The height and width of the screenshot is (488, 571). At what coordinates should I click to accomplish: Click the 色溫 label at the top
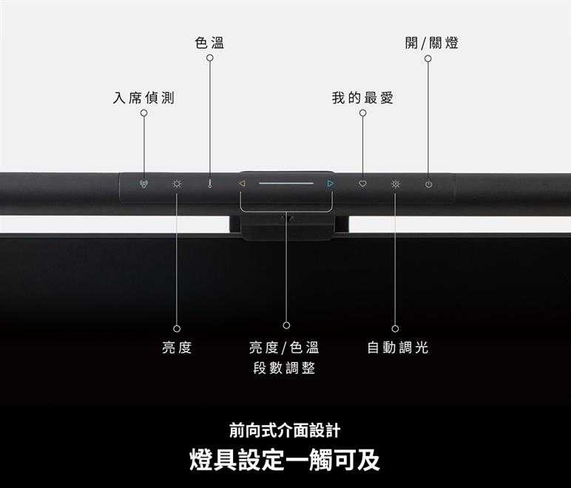click(x=209, y=43)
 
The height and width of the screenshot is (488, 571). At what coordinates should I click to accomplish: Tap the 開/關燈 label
click(x=431, y=43)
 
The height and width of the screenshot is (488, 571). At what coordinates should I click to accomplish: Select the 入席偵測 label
click(x=143, y=98)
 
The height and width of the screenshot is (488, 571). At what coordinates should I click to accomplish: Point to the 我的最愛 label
click(x=362, y=98)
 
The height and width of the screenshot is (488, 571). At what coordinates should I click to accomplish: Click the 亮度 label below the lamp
click(x=177, y=347)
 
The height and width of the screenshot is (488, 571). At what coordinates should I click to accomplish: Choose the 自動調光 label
click(x=398, y=347)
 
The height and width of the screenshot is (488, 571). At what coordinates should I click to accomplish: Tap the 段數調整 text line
click(x=284, y=368)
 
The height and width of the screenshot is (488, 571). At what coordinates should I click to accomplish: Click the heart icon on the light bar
click(x=362, y=184)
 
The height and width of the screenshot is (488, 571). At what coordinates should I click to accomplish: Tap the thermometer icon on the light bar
click(x=210, y=184)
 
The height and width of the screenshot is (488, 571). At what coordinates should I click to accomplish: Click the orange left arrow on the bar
click(x=242, y=184)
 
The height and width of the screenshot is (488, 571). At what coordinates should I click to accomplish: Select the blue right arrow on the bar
click(x=331, y=184)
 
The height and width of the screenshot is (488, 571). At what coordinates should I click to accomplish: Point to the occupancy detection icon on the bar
click(x=143, y=184)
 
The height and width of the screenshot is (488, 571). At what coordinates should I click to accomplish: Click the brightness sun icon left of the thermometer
click(x=177, y=184)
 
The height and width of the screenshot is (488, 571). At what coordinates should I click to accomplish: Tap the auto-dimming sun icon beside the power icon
click(x=396, y=184)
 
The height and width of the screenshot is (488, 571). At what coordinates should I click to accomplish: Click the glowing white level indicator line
click(x=286, y=184)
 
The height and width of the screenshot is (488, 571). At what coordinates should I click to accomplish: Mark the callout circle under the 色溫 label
click(x=210, y=58)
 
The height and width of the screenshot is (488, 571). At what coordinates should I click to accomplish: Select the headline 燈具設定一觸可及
click(x=285, y=460)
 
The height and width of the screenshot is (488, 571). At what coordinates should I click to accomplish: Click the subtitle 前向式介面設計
click(x=285, y=430)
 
